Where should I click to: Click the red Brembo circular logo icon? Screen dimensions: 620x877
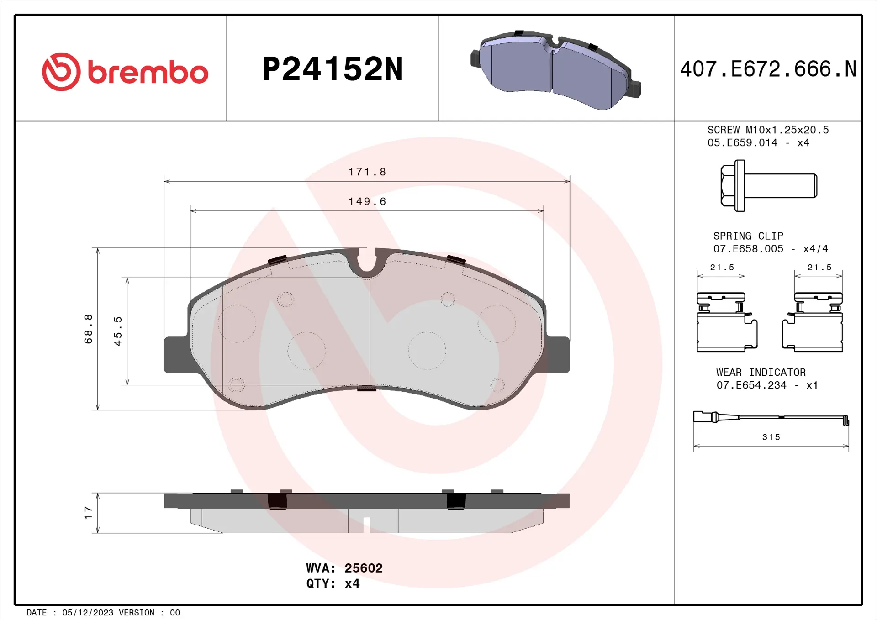click(61, 72)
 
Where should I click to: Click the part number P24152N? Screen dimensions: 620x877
click(333, 69)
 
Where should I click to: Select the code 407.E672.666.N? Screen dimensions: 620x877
click(768, 69)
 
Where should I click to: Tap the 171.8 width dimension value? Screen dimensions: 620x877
click(367, 172)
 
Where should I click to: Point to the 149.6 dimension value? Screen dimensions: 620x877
click(367, 201)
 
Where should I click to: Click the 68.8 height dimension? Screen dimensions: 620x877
click(88, 329)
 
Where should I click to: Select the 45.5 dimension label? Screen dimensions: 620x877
click(118, 331)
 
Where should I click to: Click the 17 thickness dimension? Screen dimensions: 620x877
click(88, 512)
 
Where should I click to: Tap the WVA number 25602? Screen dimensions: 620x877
click(363, 568)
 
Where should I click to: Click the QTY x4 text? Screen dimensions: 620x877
click(333, 583)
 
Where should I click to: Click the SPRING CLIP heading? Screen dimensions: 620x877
click(748, 236)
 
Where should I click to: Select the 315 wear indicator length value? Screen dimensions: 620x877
click(771, 437)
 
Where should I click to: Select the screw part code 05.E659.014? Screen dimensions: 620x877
click(742, 143)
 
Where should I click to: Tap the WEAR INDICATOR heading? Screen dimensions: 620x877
click(761, 373)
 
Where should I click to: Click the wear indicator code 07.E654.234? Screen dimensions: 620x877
click(751, 385)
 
